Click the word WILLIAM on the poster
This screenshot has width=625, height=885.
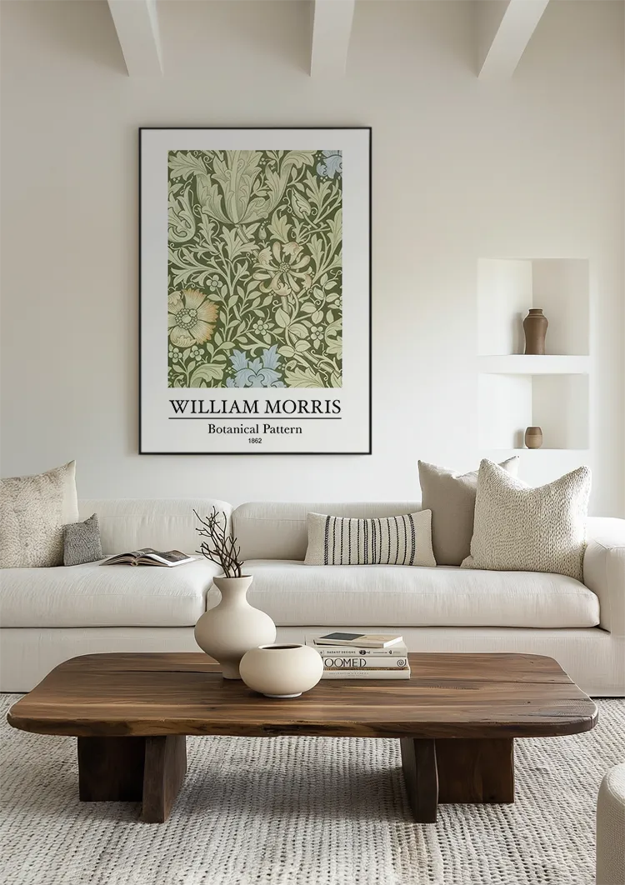[212, 407]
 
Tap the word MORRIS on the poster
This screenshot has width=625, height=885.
[302, 407]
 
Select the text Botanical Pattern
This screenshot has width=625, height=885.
[255, 429]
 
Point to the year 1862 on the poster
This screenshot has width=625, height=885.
[255, 441]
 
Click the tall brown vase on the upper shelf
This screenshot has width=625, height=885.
[535, 332]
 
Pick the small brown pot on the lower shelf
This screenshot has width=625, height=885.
[533, 437]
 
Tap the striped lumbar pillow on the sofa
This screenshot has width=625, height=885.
[369, 538]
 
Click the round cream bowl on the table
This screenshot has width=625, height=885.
[281, 669]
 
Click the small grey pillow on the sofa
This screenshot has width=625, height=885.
[82, 540]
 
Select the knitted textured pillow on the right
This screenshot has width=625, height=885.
[528, 518]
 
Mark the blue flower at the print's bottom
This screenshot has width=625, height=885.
[255, 367]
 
